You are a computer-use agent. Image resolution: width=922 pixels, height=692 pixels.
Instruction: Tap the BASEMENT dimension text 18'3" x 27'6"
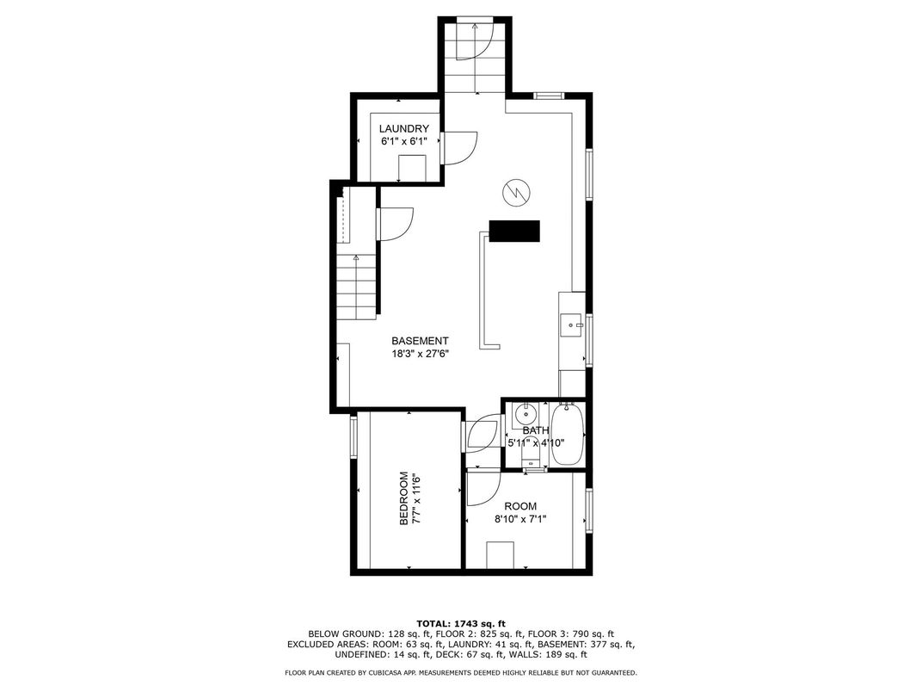pos(421,352)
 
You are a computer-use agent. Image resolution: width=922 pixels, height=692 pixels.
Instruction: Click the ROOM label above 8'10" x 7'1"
pos(520,506)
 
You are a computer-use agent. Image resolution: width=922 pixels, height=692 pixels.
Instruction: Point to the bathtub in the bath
pos(567,436)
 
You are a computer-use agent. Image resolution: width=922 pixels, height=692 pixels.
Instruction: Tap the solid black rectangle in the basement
pos(514,232)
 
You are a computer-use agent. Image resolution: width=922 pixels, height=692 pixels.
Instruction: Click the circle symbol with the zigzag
pos(518,192)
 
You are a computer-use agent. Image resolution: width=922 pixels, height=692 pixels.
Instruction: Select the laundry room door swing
pos(459,147)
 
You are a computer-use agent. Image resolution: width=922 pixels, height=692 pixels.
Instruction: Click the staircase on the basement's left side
pos(356,285)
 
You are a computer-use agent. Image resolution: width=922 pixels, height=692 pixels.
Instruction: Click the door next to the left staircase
pos(396,223)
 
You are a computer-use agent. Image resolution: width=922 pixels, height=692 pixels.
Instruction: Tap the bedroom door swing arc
pos(482,433)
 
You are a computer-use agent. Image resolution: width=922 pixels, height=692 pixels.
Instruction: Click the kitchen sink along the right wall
pos(571,327)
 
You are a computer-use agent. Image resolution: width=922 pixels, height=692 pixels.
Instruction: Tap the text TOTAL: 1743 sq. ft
pos(461,622)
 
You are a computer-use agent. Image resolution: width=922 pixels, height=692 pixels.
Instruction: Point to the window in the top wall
pos(547,94)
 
